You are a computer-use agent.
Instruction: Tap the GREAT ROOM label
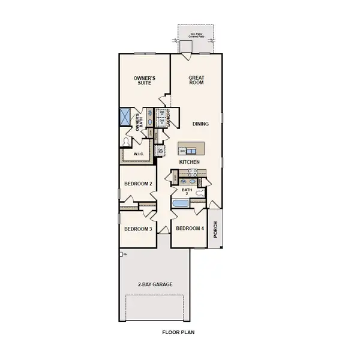(196, 79)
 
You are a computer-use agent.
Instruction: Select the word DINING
(200, 124)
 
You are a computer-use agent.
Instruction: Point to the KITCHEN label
(190, 163)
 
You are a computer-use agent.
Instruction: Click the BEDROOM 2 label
(138, 184)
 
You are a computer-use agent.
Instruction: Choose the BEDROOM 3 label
(138, 229)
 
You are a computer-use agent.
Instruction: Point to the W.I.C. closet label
(137, 154)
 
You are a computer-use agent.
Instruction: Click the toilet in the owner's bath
(126, 141)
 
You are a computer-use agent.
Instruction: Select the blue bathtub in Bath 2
(180, 204)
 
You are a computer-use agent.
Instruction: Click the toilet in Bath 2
(200, 194)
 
